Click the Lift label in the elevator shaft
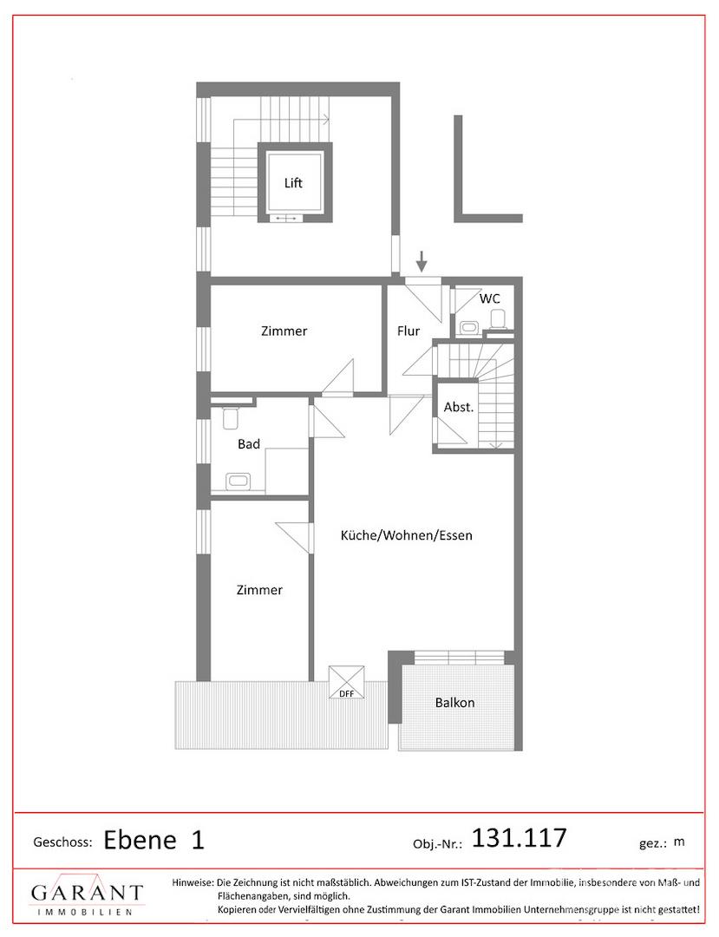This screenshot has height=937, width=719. (x=292, y=183)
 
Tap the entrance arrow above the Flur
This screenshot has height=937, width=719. (x=422, y=261)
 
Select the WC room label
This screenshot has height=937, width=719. (x=490, y=298)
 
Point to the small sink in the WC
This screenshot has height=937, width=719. (x=468, y=327)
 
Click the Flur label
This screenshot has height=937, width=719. (x=409, y=331)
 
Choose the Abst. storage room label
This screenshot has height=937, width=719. (x=459, y=408)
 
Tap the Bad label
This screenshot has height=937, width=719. (x=249, y=444)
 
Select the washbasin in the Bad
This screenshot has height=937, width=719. (x=239, y=481)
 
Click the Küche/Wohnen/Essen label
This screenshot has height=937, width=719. (x=406, y=535)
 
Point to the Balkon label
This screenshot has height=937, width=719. (x=455, y=702)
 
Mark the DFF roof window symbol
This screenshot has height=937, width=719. (x=346, y=683)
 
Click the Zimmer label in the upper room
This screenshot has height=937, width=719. (x=284, y=331)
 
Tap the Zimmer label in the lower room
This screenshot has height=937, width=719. (x=260, y=590)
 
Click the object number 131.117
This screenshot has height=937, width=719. (x=519, y=838)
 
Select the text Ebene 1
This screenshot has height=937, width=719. (x=154, y=840)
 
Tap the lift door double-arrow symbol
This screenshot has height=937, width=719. (x=286, y=219)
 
